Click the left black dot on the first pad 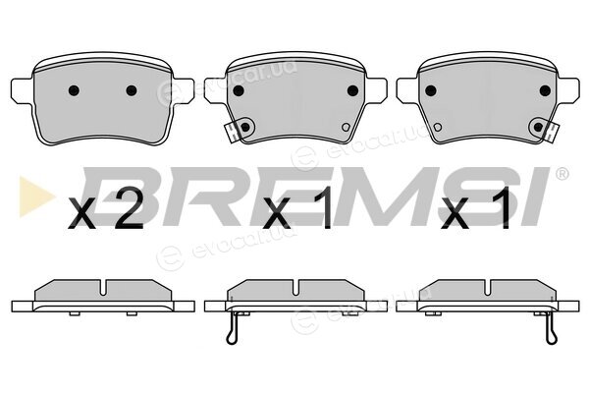pyautogui.click(x=74, y=90)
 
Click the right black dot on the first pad pyautogui.click(x=132, y=90)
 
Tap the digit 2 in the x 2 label pyautogui.click(x=129, y=208)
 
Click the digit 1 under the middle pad pyautogui.click(x=322, y=208)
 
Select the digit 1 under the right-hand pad pyautogui.click(x=502, y=208)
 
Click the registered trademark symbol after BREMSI pyautogui.click(x=562, y=174)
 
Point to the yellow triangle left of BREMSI pyautogui.click(x=35, y=196)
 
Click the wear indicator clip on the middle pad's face pyautogui.click(x=232, y=134)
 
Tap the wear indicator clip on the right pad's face pyautogui.click(x=552, y=133)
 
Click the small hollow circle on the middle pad pyautogui.click(x=346, y=127)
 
